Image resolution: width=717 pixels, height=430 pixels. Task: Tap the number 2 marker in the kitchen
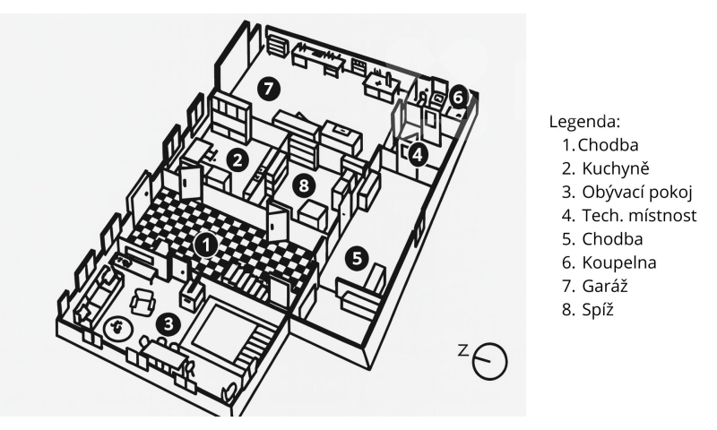[x=238, y=159]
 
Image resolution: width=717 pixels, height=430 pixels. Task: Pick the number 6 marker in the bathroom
[x=458, y=95]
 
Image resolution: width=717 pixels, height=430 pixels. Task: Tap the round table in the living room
[x=116, y=328]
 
